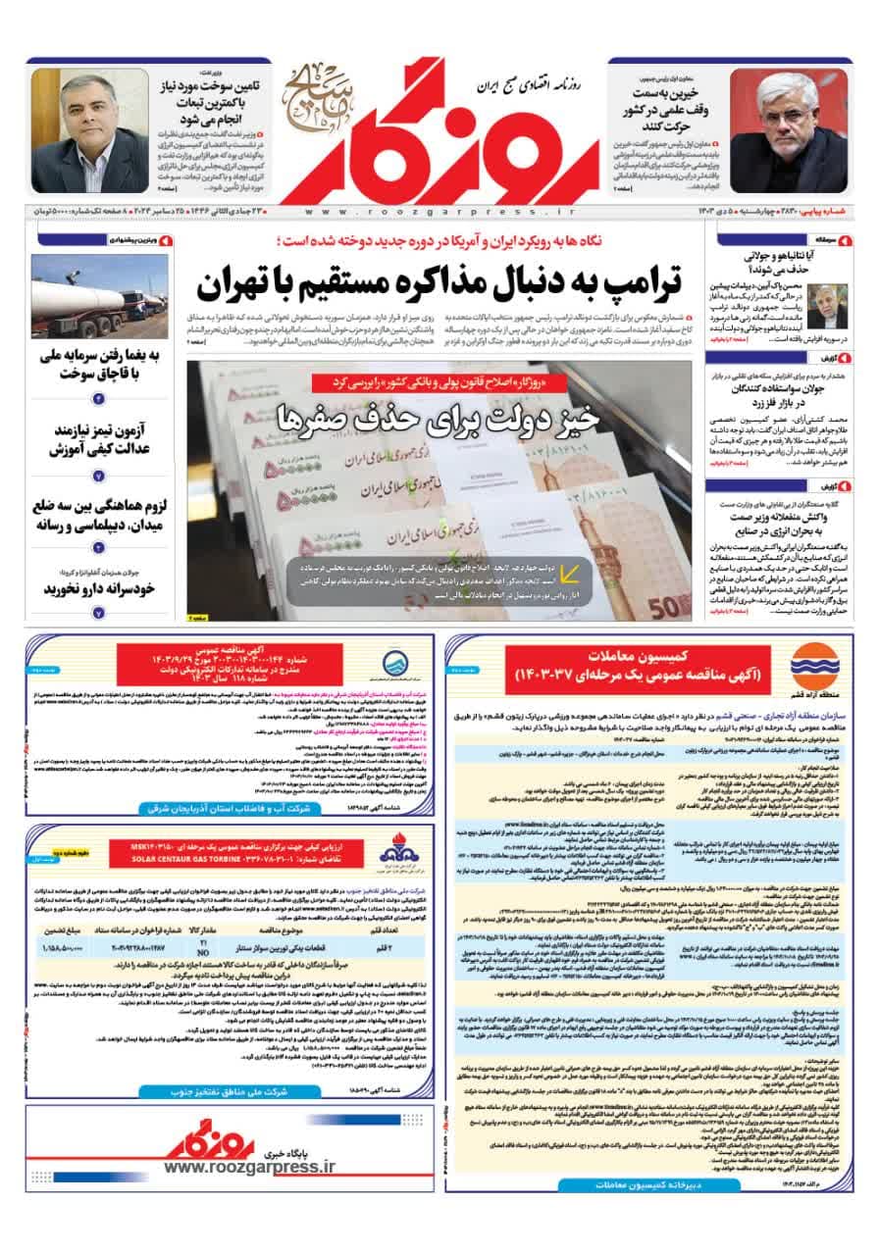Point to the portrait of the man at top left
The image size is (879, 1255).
click(x=89, y=130)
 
